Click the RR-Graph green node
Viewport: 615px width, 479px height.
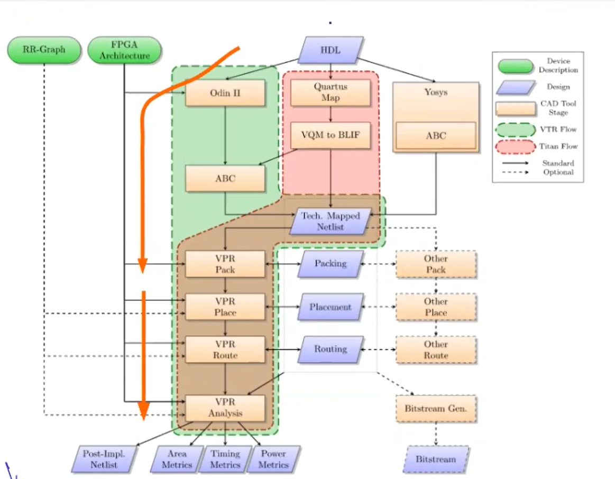[x=44, y=50]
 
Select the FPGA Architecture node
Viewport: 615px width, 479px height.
[x=124, y=50]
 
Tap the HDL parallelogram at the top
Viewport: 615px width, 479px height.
[x=331, y=50]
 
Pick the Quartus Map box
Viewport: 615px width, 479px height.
[x=331, y=93]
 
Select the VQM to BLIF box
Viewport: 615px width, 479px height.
[x=331, y=135]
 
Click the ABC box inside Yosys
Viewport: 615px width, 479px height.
[x=436, y=136]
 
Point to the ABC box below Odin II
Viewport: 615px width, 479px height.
[x=225, y=179]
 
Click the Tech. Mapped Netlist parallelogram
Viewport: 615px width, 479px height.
[x=331, y=221]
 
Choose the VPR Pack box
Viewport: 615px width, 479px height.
[x=225, y=264]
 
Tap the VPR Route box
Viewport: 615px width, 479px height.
[x=225, y=349]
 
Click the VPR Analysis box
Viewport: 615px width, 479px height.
[x=225, y=408]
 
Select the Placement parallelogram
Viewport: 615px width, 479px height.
[x=331, y=307]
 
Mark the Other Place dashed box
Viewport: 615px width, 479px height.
[x=436, y=307]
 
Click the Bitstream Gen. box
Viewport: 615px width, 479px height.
[x=436, y=409]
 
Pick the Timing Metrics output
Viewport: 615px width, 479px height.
[x=225, y=459]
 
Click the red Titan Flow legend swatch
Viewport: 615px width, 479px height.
[x=515, y=146]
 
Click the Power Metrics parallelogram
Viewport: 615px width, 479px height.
[x=273, y=459]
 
